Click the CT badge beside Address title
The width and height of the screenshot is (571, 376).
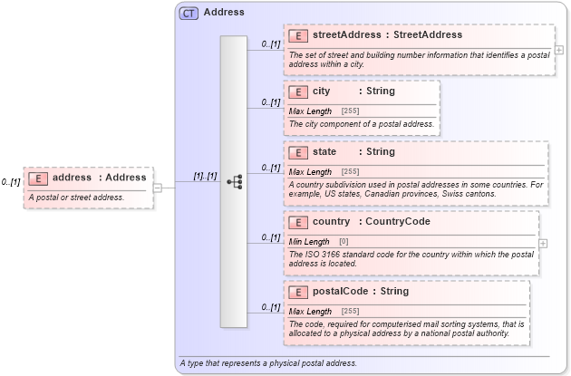189,13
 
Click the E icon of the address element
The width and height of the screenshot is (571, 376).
38,178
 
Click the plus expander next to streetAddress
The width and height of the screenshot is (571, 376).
559,50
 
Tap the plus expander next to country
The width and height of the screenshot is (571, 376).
543,243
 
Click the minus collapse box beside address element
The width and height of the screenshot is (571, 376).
158,188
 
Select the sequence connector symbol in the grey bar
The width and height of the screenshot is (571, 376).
234,181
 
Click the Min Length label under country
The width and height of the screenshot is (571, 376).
309,242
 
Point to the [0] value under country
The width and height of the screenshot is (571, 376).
344,242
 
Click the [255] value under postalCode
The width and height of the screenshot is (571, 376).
350,312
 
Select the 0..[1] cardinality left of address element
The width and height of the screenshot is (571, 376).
11,182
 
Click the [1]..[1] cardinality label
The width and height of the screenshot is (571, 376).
205,176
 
